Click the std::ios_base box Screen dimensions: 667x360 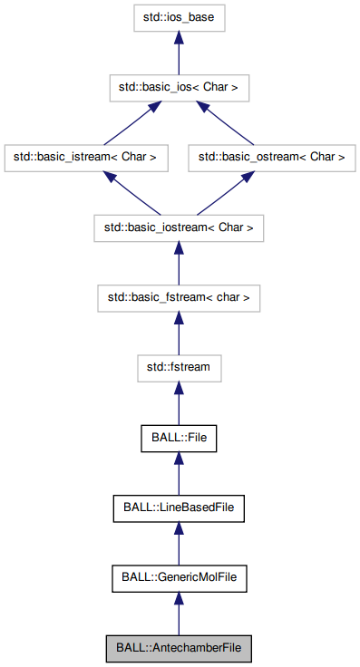(179, 17)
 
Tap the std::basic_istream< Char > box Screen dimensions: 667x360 (86, 157)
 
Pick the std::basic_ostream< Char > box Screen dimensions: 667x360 (272, 157)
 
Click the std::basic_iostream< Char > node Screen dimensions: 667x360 (179, 227)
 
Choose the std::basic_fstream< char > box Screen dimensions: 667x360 (179, 296)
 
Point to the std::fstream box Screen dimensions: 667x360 (179, 366)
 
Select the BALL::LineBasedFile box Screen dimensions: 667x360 (179, 506)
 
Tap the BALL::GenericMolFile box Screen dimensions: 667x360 (179, 575)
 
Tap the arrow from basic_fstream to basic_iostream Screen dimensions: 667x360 (179, 262)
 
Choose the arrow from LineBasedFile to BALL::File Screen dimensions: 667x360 (179, 471)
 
